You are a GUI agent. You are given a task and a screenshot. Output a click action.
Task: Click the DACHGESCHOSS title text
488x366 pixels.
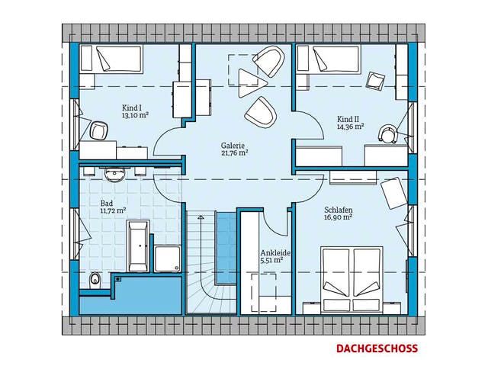pyautogui.click(x=377, y=348)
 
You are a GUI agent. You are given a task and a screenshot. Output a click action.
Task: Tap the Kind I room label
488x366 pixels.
pyautogui.click(x=132, y=108)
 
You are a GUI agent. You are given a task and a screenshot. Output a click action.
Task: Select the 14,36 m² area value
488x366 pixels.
pyautogui.click(x=351, y=127)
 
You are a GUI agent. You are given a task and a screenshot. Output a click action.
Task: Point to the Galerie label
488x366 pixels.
pyautogui.click(x=233, y=146)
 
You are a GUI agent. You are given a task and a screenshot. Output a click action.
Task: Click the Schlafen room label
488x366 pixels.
pyautogui.click(x=339, y=210)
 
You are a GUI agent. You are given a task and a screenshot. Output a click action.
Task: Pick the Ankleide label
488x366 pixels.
pyautogui.click(x=275, y=252)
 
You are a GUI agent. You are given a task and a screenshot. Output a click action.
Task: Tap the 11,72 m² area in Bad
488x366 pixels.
pyautogui.click(x=113, y=210)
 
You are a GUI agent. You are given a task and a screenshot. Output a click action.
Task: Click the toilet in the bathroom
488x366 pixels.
pyautogui.click(x=95, y=281)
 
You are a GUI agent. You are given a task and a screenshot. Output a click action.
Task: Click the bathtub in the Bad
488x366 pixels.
pyautogui.click(x=138, y=246)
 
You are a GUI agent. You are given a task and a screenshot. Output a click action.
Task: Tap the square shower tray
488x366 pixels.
pyautogui.click(x=168, y=259)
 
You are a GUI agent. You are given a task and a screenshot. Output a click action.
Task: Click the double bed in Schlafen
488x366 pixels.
pyautogui.click(x=352, y=279)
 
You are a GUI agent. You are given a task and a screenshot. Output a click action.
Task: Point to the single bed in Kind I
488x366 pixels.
pyautogui.click(x=111, y=59)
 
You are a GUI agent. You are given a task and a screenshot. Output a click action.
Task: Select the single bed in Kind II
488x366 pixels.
pyautogui.click(x=328, y=59)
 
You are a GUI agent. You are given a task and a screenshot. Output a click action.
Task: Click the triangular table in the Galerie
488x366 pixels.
pyautogui.click(x=252, y=83)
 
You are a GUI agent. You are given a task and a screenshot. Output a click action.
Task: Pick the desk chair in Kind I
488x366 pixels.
pyautogui.click(x=98, y=130)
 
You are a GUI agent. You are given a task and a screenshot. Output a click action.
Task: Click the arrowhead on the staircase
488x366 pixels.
pyautogui.click(x=201, y=217)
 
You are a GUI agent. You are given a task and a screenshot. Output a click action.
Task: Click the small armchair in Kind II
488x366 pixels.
pyautogui.click(x=375, y=82)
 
